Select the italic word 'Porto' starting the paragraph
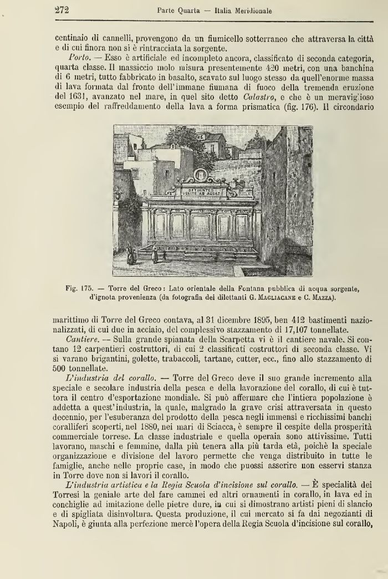tap(78, 58)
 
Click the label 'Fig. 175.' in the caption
tap(78, 288)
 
